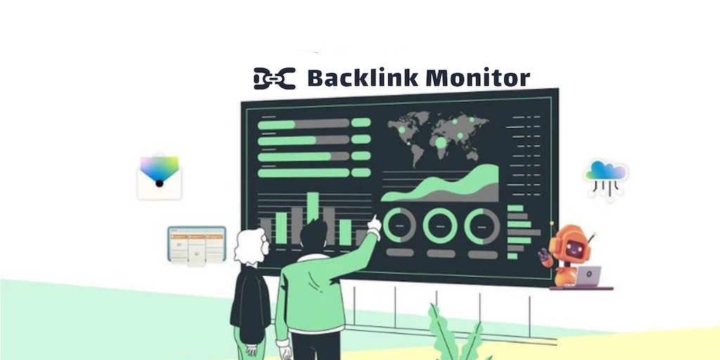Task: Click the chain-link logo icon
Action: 274,78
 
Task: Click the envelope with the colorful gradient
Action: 160,176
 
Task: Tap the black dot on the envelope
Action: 160,184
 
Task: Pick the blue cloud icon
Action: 605,171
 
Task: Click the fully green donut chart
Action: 440,226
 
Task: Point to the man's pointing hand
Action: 375,224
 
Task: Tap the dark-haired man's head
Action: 314,234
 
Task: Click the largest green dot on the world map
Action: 441,143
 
